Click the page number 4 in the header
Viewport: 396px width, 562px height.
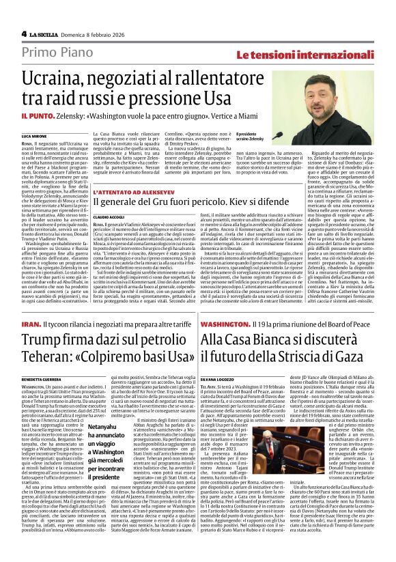(x=25, y=33)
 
